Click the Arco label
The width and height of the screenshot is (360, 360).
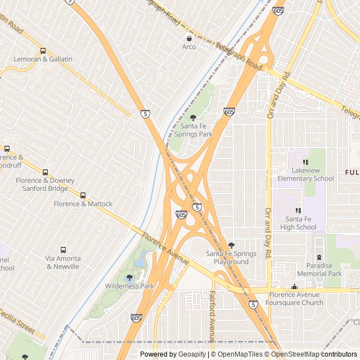click(x=189, y=47)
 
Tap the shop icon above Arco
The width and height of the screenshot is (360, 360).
click(x=189, y=38)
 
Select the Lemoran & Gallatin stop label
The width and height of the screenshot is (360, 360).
click(x=43, y=59)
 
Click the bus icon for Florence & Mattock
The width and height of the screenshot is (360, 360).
click(x=83, y=195)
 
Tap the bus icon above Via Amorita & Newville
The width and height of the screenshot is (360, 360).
click(x=63, y=250)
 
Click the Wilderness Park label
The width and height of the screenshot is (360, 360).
click(x=129, y=286)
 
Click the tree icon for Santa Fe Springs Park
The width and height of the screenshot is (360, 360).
click(x=193, y=118)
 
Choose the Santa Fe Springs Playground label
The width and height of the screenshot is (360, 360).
click(x=231, y=258)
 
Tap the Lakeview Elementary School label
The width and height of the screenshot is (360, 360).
click(x=305, y=174)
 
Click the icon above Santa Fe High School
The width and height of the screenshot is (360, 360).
click(x=298, y=210)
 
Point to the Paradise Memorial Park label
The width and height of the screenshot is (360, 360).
click(x=319, y=269)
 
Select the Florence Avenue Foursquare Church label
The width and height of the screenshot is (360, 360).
click(x=294, y=298)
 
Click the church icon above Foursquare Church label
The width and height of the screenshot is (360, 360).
click(x=294, y=287)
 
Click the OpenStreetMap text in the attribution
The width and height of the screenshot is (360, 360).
click(x=295, y=354)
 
